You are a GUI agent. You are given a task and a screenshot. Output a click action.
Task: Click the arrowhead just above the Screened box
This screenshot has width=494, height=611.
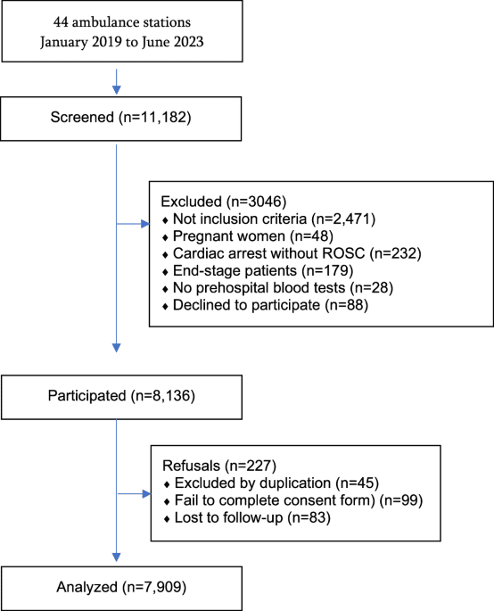(x=117, y=90)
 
